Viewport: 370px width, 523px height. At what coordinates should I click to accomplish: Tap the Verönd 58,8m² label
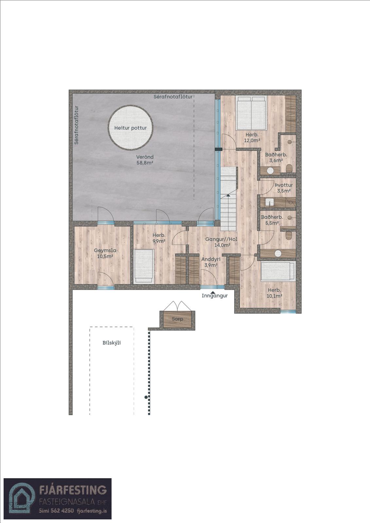coord(145,160)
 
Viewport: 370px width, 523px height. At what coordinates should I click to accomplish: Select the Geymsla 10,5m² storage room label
coord(105,253)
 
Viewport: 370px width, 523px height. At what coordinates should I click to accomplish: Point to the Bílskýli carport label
coord(112,343)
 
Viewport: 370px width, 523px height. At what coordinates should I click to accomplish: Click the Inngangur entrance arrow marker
coord(213,292)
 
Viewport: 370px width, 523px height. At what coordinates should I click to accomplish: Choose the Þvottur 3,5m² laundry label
coord(284,188)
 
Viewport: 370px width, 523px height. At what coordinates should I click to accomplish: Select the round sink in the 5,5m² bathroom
coord(278,254)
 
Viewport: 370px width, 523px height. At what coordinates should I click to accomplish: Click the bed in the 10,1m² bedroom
coord(278,271)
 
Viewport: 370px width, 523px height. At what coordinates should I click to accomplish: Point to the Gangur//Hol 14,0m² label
coord(221,242)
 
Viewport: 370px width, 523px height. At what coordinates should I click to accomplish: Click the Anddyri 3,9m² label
coord(211,262)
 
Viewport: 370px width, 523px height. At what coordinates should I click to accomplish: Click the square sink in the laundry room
coord(270,202)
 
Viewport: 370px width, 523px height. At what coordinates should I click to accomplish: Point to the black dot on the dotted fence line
coord(146,397)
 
